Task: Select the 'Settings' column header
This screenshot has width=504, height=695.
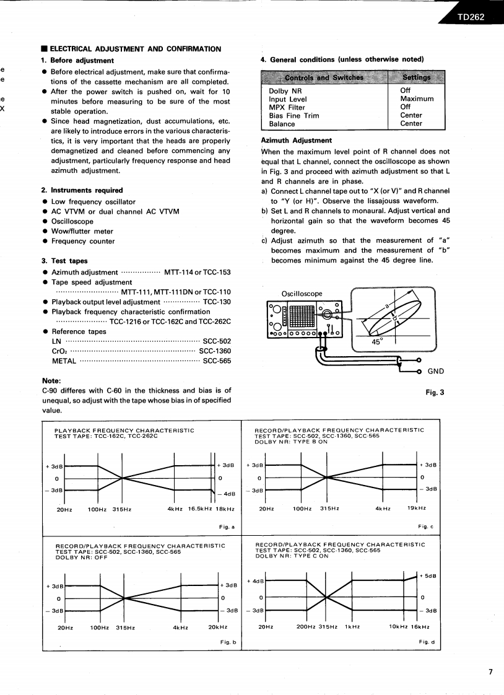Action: [416, 77]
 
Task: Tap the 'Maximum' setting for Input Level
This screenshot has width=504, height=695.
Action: [417, 98]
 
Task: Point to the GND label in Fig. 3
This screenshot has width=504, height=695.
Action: [435, 372]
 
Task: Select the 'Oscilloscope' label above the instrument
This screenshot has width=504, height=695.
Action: [302, 294]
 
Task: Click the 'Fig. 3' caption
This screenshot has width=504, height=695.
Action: [433, 392]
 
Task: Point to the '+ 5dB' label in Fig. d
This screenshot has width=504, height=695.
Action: [428, 575]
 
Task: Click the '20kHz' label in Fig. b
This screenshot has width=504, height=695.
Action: [218, 627]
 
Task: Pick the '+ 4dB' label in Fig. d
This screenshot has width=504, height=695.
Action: [255, 581]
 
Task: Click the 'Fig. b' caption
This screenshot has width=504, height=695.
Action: [228, 642]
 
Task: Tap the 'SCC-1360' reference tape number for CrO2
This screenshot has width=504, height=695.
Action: [214, 351]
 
